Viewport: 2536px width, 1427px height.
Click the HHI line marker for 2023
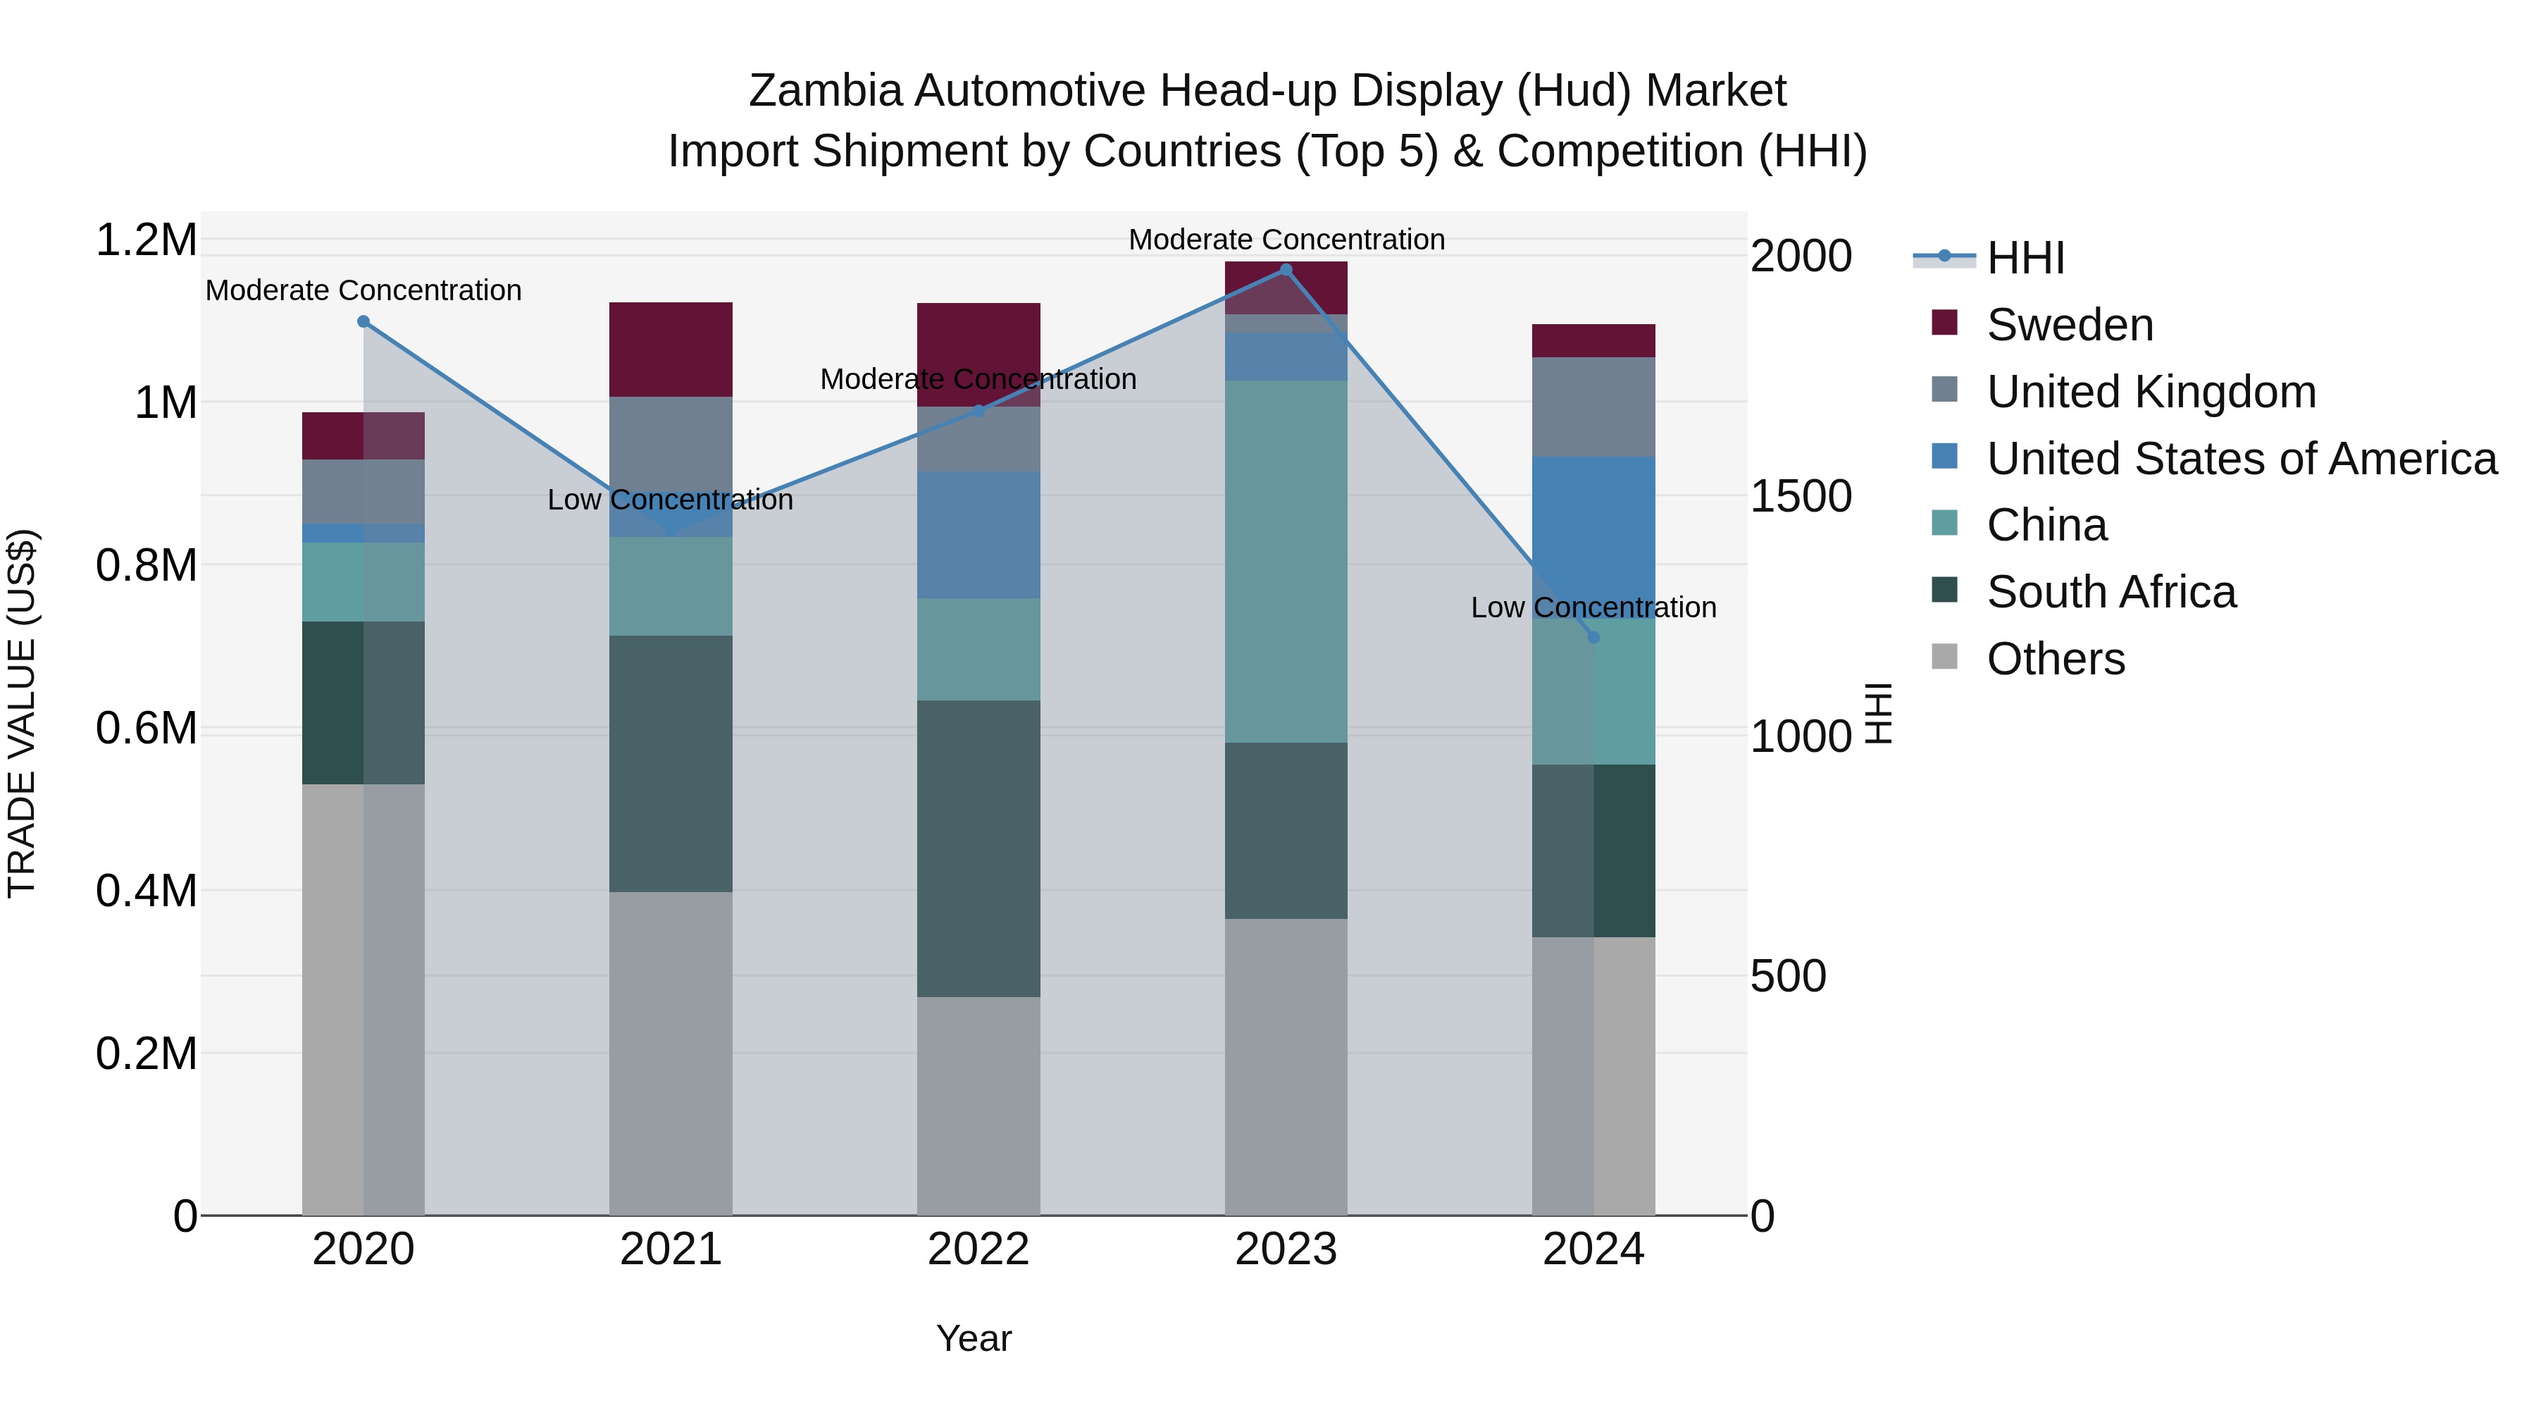(x=1286, y=270)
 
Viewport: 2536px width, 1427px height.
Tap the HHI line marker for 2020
(x=363, y=322)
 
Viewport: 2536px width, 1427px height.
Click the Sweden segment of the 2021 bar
(x=671, y=350)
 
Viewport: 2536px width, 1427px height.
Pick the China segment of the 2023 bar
(x=1286, y=562)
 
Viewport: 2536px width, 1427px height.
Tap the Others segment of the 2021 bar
(x=671, y=1053)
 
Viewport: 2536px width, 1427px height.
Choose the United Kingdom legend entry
(x=2151, y=392)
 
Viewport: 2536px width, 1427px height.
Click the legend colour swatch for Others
(x=1944, y=656)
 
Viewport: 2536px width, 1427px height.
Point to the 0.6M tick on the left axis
(x=147, y=729)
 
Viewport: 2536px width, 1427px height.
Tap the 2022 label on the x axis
(x=978, y=1249)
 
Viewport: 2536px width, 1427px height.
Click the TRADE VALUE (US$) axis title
(x=23, y=713)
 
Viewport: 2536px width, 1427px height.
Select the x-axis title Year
(x=974, y=1338)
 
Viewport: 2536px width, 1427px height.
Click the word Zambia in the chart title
(x=825, y=92)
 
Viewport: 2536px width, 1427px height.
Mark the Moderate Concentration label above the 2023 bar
(x=1286, y=240)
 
